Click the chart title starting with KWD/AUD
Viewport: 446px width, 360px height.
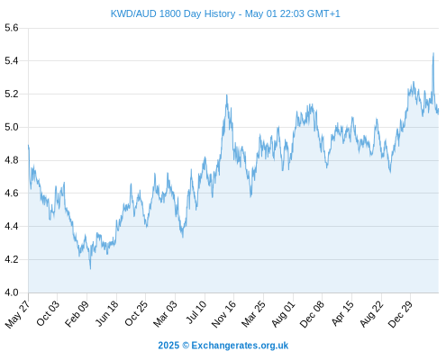225,13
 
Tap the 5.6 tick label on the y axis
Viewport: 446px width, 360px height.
12,28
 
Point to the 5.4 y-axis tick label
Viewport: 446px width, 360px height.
12,61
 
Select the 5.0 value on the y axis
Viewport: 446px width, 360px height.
12,127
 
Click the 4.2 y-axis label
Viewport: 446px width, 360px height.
12,259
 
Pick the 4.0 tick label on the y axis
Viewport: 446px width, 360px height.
12,292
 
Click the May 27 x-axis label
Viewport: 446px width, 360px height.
18,313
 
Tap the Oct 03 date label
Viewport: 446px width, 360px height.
48,313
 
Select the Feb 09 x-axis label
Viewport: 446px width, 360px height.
77,313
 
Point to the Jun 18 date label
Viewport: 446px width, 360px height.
107,313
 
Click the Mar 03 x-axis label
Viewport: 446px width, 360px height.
166,313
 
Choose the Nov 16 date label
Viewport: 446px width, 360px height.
224,313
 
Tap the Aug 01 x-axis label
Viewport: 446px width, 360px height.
284,313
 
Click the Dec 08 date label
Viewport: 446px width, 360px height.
313,313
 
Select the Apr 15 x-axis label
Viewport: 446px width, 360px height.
342,313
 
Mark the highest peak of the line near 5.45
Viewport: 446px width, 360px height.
433,53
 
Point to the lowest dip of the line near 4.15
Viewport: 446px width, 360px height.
90,269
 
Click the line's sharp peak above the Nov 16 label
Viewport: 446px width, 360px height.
227,95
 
